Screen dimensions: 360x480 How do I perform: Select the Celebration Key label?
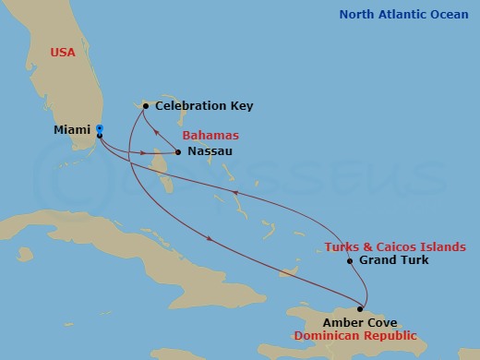point(204,106)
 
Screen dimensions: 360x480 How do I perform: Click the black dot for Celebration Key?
point(146,106)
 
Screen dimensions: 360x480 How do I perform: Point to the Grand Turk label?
point(394,261)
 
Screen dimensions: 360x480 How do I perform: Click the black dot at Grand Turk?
point(350,261)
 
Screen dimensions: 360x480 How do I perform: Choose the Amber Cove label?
point(361,322)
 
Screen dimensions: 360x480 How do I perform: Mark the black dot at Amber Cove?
point(360,309)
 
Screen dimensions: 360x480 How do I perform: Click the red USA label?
point(63,54)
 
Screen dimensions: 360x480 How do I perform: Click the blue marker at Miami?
point(100,128)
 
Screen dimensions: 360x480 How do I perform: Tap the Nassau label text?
point(209,150)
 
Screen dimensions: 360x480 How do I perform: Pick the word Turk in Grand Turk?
point(413,261)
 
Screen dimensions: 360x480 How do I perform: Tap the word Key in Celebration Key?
point(240,106)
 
